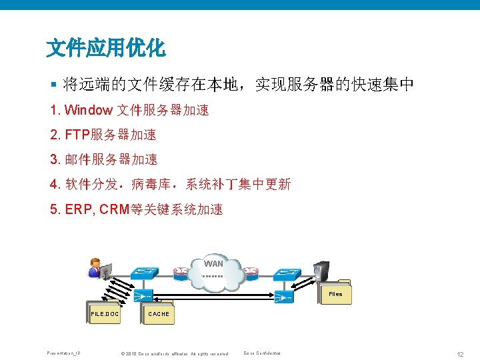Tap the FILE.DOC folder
[105, 313]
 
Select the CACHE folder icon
[159, 313]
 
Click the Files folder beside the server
[335, 293]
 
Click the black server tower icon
[323, 269]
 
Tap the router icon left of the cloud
[181, 272]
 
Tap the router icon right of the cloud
[251, 272]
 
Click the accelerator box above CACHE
[143, 295]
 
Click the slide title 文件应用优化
[105, 47]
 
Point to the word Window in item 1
[89, 110]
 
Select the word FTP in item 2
[77, 135]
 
